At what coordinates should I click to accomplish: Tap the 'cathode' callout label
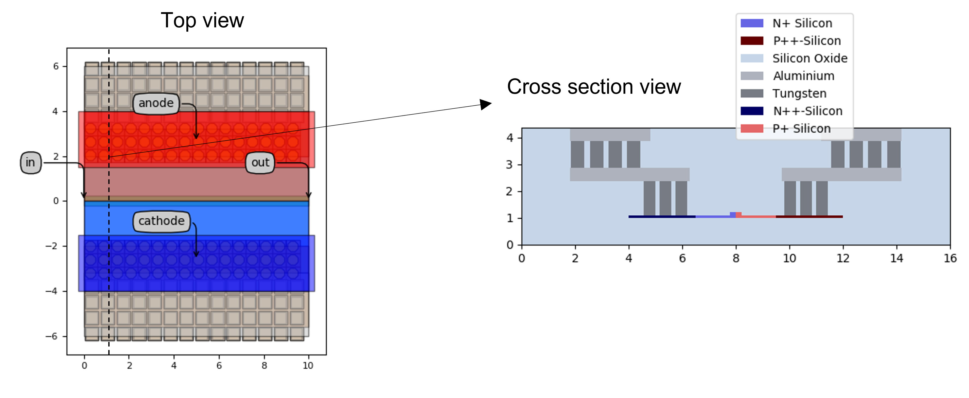pos(161,221)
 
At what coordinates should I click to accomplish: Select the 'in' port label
pos(30,163)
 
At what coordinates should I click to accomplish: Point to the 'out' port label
pos(260,163)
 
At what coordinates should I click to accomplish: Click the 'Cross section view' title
pos(594,87)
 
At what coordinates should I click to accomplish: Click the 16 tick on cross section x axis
pos(950,258)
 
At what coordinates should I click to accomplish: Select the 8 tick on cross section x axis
pos(736,258)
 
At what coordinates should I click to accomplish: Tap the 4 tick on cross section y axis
pos(510,138)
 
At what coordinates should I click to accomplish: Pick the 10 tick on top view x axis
pos(308,365)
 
